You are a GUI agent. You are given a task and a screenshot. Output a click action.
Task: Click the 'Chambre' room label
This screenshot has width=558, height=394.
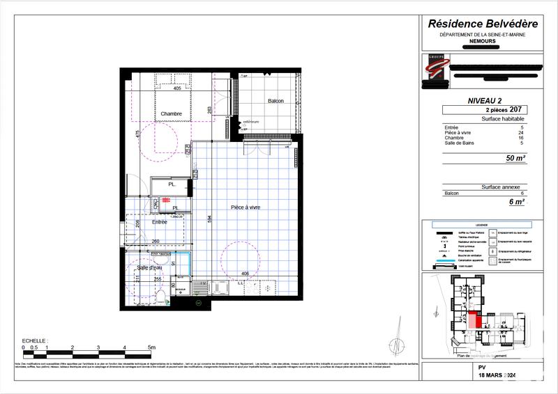point(171,114)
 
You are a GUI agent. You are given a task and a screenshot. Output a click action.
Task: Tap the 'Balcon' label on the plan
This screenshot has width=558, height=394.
point(276,102)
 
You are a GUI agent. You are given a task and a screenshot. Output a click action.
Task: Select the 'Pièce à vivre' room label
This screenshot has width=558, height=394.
point(246,207)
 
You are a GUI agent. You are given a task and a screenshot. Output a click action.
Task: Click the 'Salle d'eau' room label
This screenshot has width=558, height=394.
point(151,268)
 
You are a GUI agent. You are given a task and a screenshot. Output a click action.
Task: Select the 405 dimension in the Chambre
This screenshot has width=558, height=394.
point(176,88)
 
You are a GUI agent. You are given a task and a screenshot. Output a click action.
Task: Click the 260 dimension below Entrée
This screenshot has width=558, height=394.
point(156,242)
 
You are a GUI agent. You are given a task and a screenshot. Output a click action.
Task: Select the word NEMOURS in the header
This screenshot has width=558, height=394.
point(478,42)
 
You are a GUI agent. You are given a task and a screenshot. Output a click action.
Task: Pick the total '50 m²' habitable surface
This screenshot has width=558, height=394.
point(515,159)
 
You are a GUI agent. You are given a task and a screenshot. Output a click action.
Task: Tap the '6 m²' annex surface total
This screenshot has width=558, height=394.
point(517,202)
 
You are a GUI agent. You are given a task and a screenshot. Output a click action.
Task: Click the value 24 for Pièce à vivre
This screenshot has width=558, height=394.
point(521,133)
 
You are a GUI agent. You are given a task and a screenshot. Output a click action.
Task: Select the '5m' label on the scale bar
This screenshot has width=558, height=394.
point(151,346)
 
